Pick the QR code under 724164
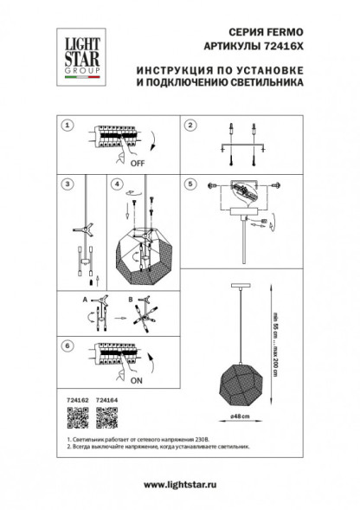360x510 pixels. [x=106, y=418]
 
